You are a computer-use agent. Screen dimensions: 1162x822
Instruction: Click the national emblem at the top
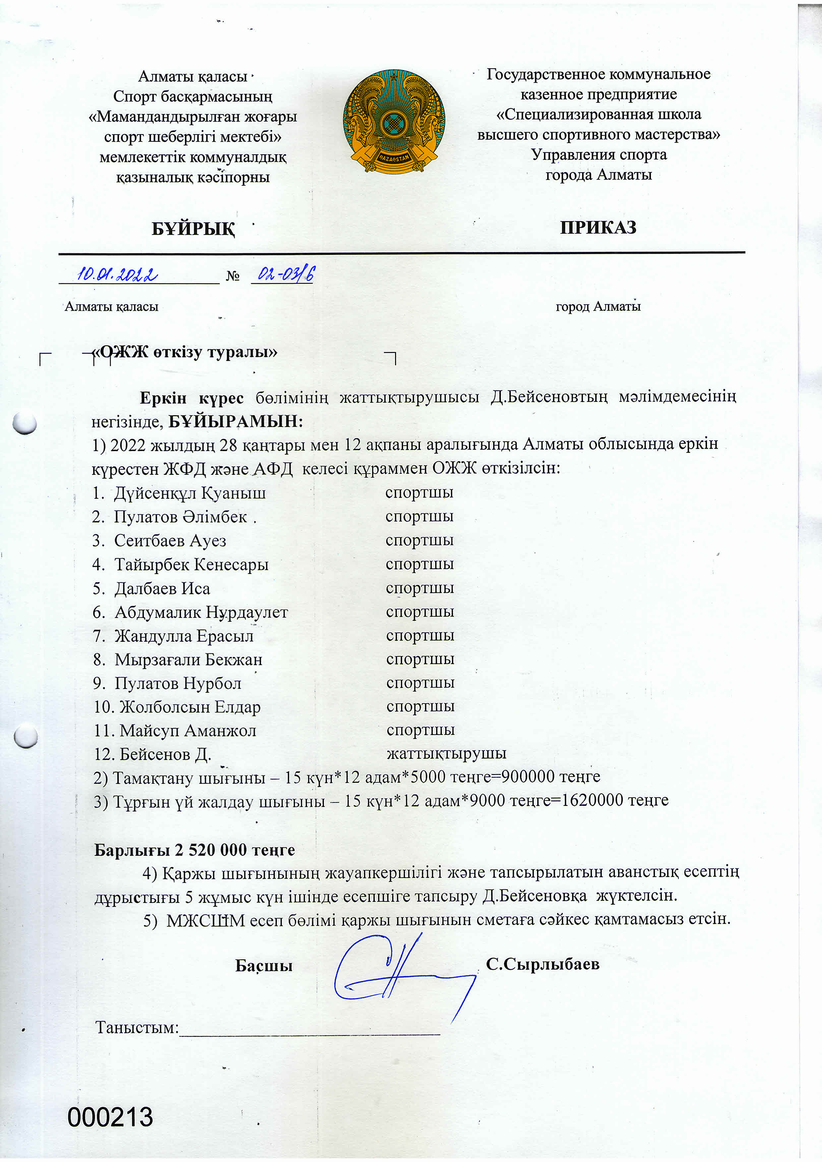(x=394, y=122)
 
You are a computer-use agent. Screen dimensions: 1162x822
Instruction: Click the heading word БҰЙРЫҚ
(x=193, y=229)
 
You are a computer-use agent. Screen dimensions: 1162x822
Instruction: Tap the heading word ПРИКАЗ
(x=598, y=227)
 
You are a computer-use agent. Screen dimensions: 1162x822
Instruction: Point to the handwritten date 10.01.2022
(x=117, y=274)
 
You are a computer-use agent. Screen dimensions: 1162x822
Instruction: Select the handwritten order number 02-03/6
(x=285, y=274)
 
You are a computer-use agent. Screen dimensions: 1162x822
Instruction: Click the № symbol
(x=232, y=276)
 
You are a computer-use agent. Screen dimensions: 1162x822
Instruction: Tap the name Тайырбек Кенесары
(x=191, y=564)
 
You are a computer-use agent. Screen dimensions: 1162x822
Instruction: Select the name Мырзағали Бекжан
(x=188, y=659)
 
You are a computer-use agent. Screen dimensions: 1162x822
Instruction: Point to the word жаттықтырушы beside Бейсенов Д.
(x=446, y=753)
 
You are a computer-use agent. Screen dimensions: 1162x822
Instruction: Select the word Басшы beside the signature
(x=264, y=966)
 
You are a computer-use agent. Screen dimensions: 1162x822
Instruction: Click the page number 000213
(x=110, y=1118)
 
